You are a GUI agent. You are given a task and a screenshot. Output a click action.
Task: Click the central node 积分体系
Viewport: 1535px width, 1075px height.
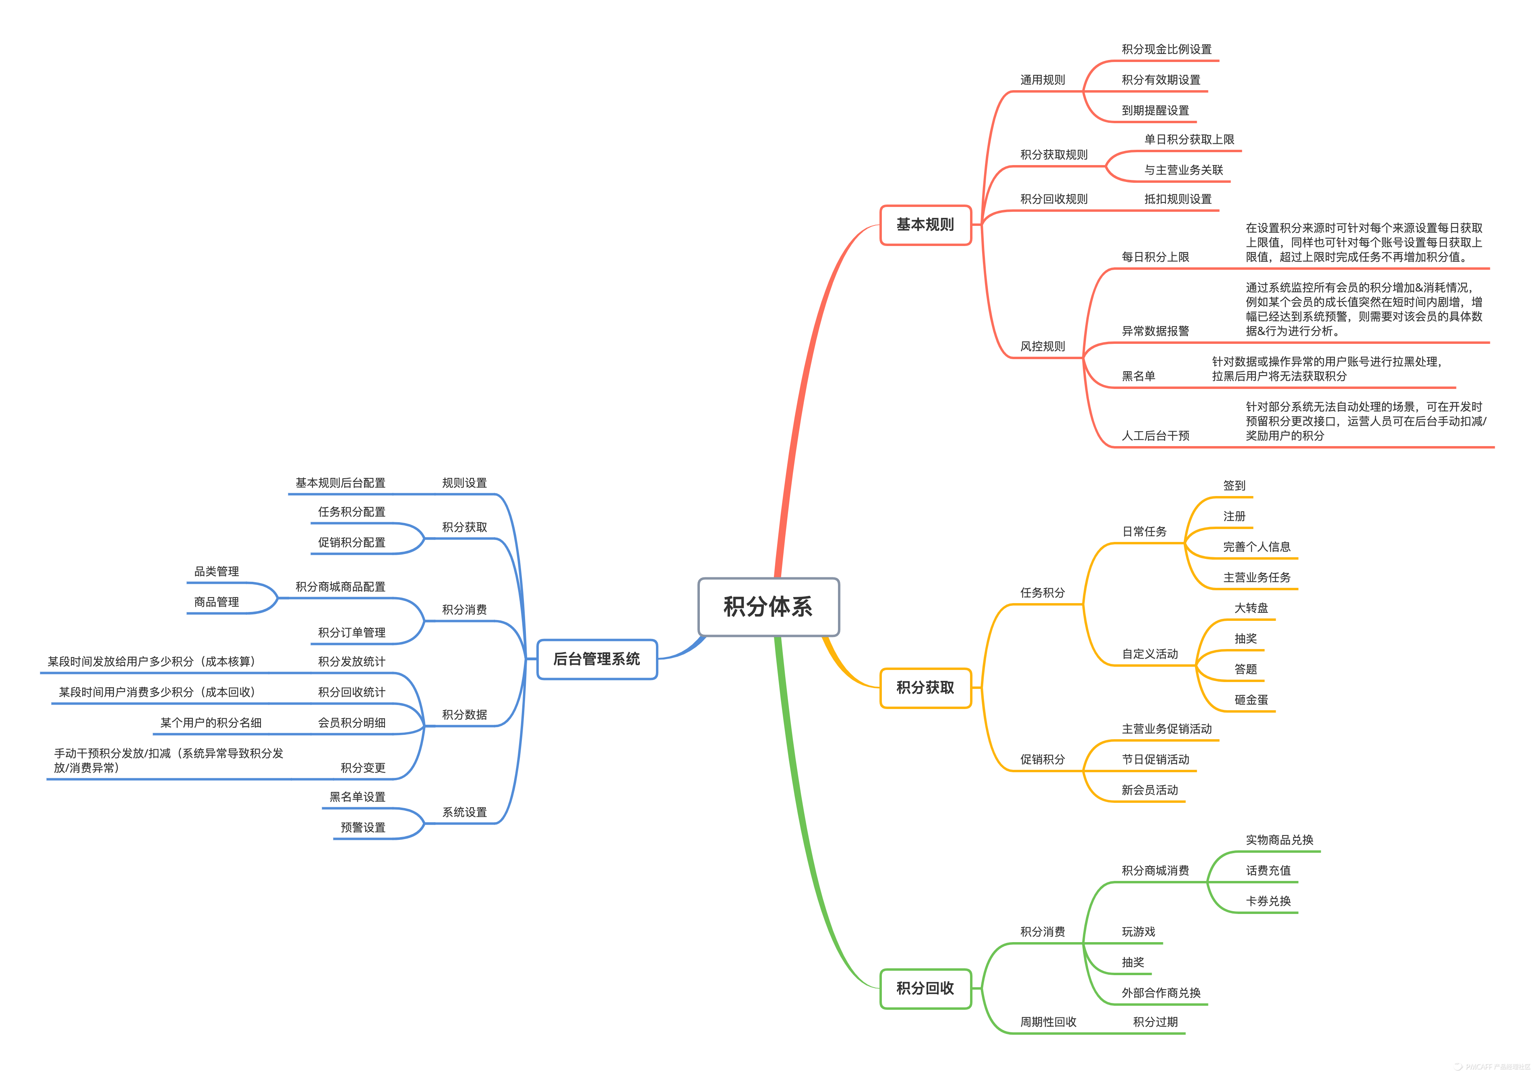click(768, 606)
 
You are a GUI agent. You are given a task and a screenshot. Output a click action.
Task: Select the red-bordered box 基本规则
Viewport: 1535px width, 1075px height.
click(925, 225)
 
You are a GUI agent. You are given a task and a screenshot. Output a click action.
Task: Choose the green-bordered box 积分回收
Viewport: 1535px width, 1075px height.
click(925, 988)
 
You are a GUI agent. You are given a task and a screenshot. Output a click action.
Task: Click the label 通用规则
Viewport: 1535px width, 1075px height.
click(1042, 80)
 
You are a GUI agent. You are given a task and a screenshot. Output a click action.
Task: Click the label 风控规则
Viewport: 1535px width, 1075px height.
click(1042, 346)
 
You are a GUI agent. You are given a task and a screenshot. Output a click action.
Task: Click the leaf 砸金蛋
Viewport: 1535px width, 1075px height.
click(1251, 700)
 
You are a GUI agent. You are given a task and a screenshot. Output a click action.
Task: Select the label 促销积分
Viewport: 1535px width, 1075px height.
click(1042, 759)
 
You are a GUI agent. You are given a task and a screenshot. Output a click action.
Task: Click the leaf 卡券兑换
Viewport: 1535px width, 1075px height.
click(1268, 901)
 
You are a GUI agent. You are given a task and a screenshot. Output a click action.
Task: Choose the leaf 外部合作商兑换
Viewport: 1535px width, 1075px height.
click(1161, 993)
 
